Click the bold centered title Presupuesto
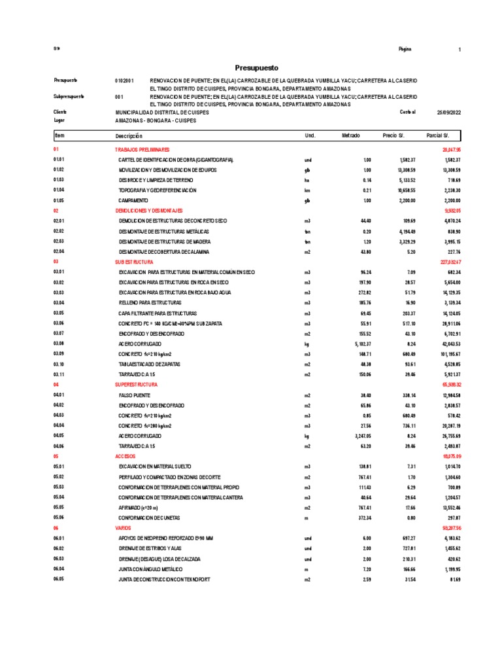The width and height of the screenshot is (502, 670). (256, 67)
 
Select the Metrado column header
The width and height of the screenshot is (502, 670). (350, 135)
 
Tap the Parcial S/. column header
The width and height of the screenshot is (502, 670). (437, 135)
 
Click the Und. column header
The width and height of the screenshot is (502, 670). (310, 135)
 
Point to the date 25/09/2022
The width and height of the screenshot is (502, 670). (449, 113)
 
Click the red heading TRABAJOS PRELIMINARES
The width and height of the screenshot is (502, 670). (142, 150)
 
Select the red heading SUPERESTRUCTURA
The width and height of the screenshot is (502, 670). (136, 385)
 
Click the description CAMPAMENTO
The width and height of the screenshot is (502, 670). (133, 200)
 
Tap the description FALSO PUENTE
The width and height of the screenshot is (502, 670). (135, 395)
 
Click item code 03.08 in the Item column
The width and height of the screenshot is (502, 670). (59, 344)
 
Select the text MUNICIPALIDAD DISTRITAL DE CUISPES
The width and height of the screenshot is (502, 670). (162, 113)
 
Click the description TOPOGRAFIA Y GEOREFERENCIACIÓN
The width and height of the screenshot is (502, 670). (157, 190)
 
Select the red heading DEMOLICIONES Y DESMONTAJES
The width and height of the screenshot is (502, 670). (150, 211)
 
